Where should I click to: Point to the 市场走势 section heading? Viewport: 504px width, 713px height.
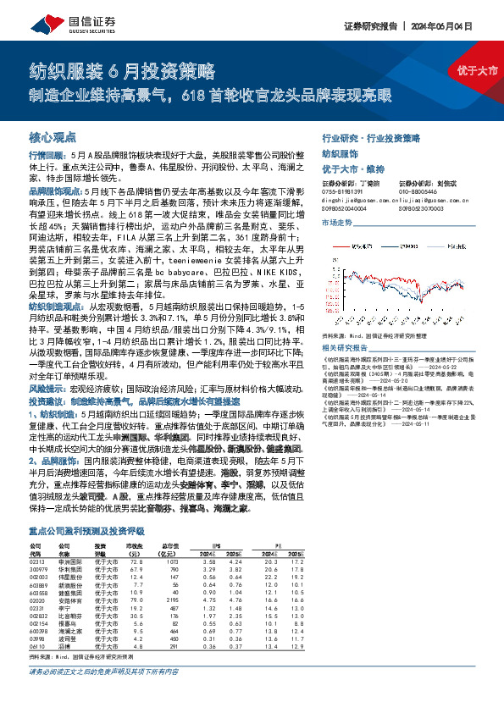336,222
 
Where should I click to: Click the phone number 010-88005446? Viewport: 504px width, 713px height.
413,192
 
